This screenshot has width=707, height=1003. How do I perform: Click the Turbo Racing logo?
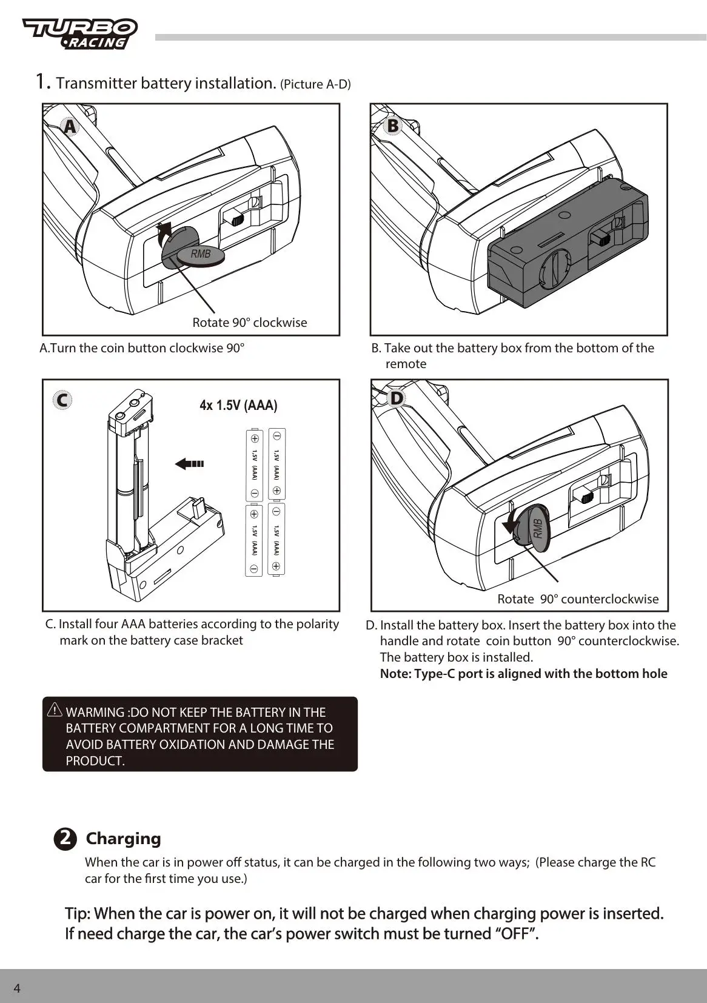80,33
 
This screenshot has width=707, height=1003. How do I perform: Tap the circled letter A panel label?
70,127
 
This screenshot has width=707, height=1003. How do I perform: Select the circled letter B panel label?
393,126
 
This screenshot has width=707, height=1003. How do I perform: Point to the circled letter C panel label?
62,400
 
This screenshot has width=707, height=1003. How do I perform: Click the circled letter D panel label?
396,398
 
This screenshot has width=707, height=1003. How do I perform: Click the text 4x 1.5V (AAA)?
238,405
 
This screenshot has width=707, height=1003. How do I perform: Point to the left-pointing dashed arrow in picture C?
189,464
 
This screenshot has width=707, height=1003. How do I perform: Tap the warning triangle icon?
55,709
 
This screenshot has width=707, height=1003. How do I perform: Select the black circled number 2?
65,839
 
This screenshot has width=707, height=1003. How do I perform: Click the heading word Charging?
123,839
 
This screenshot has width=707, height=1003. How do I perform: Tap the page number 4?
17,988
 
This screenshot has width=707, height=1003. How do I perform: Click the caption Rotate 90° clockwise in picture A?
249,323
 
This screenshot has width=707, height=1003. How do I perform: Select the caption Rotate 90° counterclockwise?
577,599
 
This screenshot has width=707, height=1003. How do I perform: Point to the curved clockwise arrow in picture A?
162,234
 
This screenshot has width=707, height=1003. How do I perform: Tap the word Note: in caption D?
395,674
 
